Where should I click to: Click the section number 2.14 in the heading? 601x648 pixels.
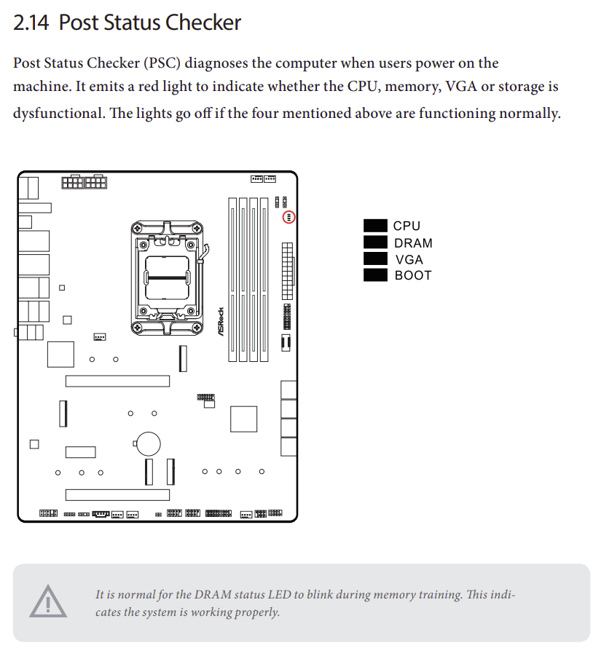[x=31, y=23]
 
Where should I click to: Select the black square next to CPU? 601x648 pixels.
[x=375, y=226]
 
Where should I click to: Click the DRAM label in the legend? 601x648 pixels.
[x=413, y=243]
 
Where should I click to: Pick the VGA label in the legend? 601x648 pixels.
[x=409, y=259]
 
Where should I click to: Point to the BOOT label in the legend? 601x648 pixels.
[x=413, y=275]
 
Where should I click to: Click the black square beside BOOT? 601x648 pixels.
[x=375, y=275]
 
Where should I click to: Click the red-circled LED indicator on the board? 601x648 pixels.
[x=288, y=217]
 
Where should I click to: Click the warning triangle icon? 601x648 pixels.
[x=47, y=602]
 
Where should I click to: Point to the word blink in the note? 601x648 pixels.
[x=343, y=595]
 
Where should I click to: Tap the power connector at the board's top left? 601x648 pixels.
[x=84, y=181]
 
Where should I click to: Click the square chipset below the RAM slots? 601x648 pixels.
[x=243, y=419]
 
